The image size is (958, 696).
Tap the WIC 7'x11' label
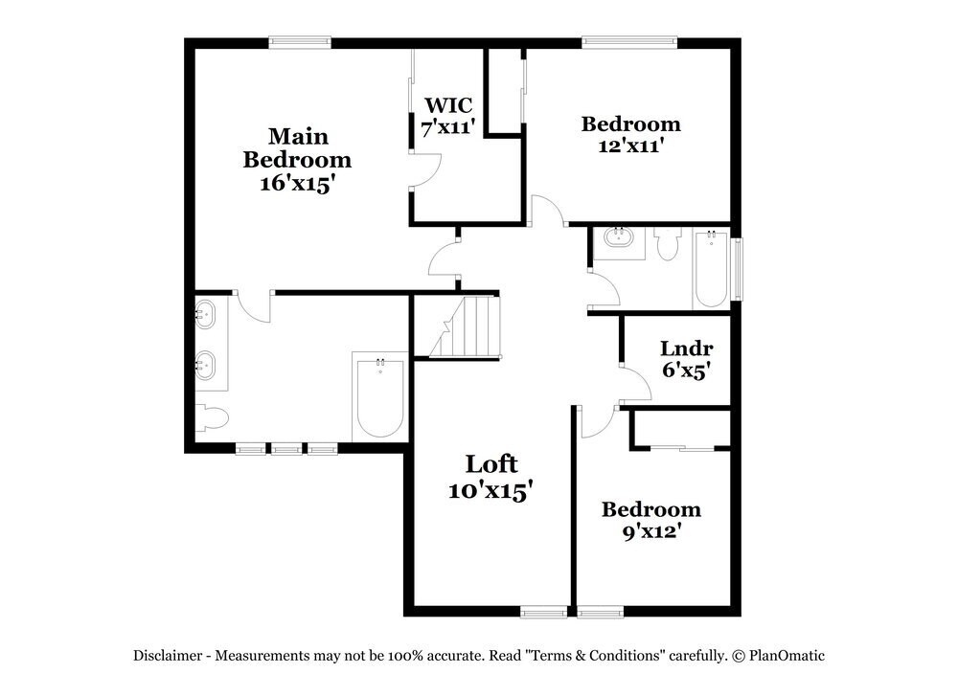pyautogui.click(x=448, y=115)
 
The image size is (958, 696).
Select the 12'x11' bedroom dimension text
pyautogui.click(x=630, y=146)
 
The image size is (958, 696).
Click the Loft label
pyautogui.click(x=491, y=464)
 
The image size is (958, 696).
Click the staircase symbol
pyautogui.click(x=466, y=327)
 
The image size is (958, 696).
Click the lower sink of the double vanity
pyautogui.click(x=205, y=365)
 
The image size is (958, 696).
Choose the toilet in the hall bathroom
pyautogui.click(x=668, y=243)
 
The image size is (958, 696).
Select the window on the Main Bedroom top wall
pyautogui.click(x=300, y=41)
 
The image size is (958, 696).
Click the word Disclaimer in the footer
pyautogui.click(x=167, y=657)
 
